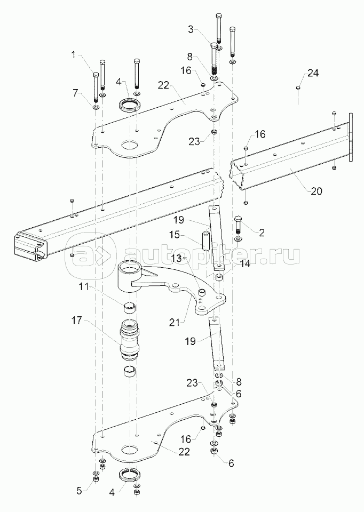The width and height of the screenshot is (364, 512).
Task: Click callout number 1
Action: click(74, 55)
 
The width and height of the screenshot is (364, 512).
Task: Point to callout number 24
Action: click(313, 73)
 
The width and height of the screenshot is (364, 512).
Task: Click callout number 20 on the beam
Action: click(316, 191)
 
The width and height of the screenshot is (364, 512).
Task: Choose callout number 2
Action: click(261, 233)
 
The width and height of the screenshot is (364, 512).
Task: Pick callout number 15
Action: click(175, 235)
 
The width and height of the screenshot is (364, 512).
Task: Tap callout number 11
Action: click(83, 287)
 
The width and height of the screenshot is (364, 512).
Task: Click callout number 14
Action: click(244, 263)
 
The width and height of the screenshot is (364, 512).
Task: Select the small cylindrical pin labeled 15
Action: click(207, 241)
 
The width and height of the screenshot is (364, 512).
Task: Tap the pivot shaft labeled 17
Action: click(131, 341)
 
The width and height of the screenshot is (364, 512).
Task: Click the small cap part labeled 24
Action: click(298, 87)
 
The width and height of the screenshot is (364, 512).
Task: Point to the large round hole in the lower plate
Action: click(130, 450)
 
